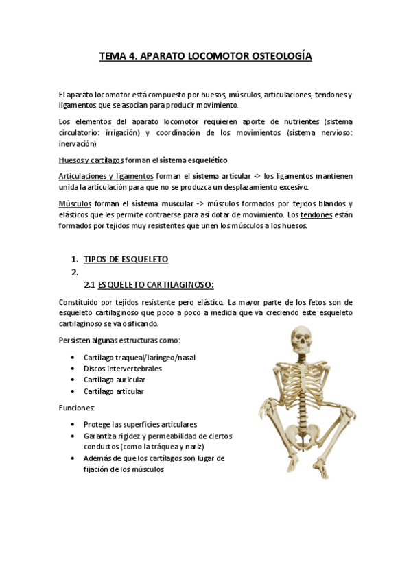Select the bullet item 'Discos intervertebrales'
coord(123,368)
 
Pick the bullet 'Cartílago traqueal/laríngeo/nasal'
coord(143,357)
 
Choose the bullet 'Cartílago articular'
coord(114,391)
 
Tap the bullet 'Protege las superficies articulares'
coord(140,423)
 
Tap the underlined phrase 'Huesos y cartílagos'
coord(91,160)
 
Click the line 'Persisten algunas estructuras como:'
coord(119,341)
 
